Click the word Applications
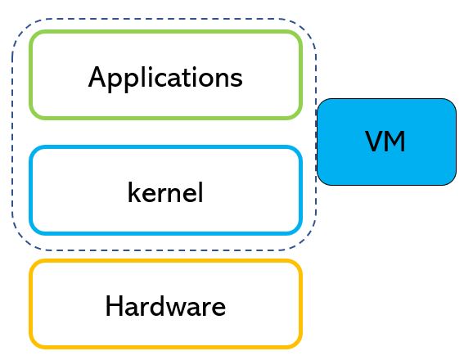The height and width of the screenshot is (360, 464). pyautogui.click(x=165, y=78)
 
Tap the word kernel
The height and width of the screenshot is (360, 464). pyautogui.click(x=165, y=192)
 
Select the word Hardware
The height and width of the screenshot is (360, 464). pyautogui.click(x=165, y=306)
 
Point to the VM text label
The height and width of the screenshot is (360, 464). pyautogui.click(x=385, y=142)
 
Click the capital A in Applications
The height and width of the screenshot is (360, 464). pyautogui.click(x=97, y=77)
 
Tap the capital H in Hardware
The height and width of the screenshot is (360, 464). pyautogui.click(x=114, y=306)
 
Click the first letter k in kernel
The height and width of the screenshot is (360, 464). pyautogui.click(x=134, y=192)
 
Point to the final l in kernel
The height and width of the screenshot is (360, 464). pyautogui.click(x=200, y=192)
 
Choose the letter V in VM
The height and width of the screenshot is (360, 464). pyautogui.click(x=374, y=142)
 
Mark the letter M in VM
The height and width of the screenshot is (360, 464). pyautogui.click(x=395, y=142)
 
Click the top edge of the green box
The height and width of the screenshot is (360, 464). pyautogui.click(x=165, y=32)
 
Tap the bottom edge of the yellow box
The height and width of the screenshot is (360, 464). pyautogui.click(x=165, y=347)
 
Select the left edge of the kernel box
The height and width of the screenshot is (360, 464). pyautogui.click(x=31, y=190)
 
